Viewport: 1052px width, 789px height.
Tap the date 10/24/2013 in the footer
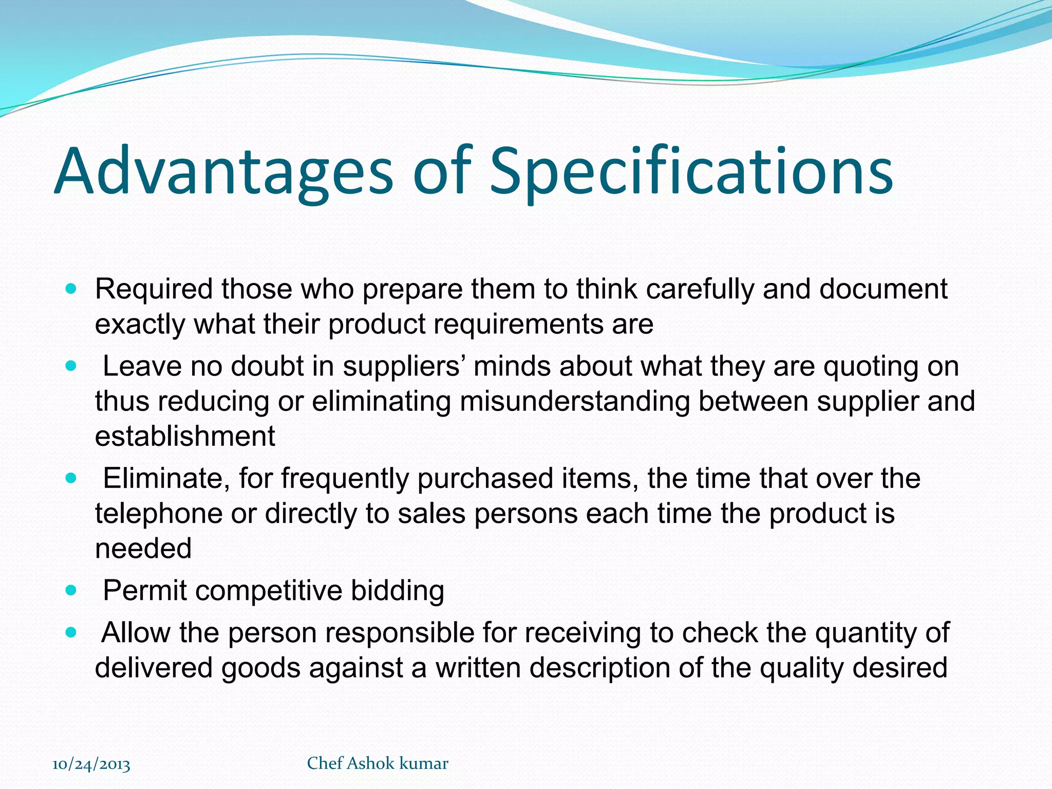[91, 764]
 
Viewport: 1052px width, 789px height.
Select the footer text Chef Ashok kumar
[378, 763]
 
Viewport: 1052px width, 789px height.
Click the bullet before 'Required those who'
[71, 289]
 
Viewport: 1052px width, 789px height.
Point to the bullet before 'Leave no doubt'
[71, 367]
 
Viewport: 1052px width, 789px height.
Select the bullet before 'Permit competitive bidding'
[71, 591]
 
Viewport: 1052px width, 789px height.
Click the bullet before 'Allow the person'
[71, 633]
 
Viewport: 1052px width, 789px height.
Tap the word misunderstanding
[575, 401]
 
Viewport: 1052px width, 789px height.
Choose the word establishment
[185, 436]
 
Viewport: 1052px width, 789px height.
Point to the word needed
[143, 548]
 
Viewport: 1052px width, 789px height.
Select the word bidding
[397, 591]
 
